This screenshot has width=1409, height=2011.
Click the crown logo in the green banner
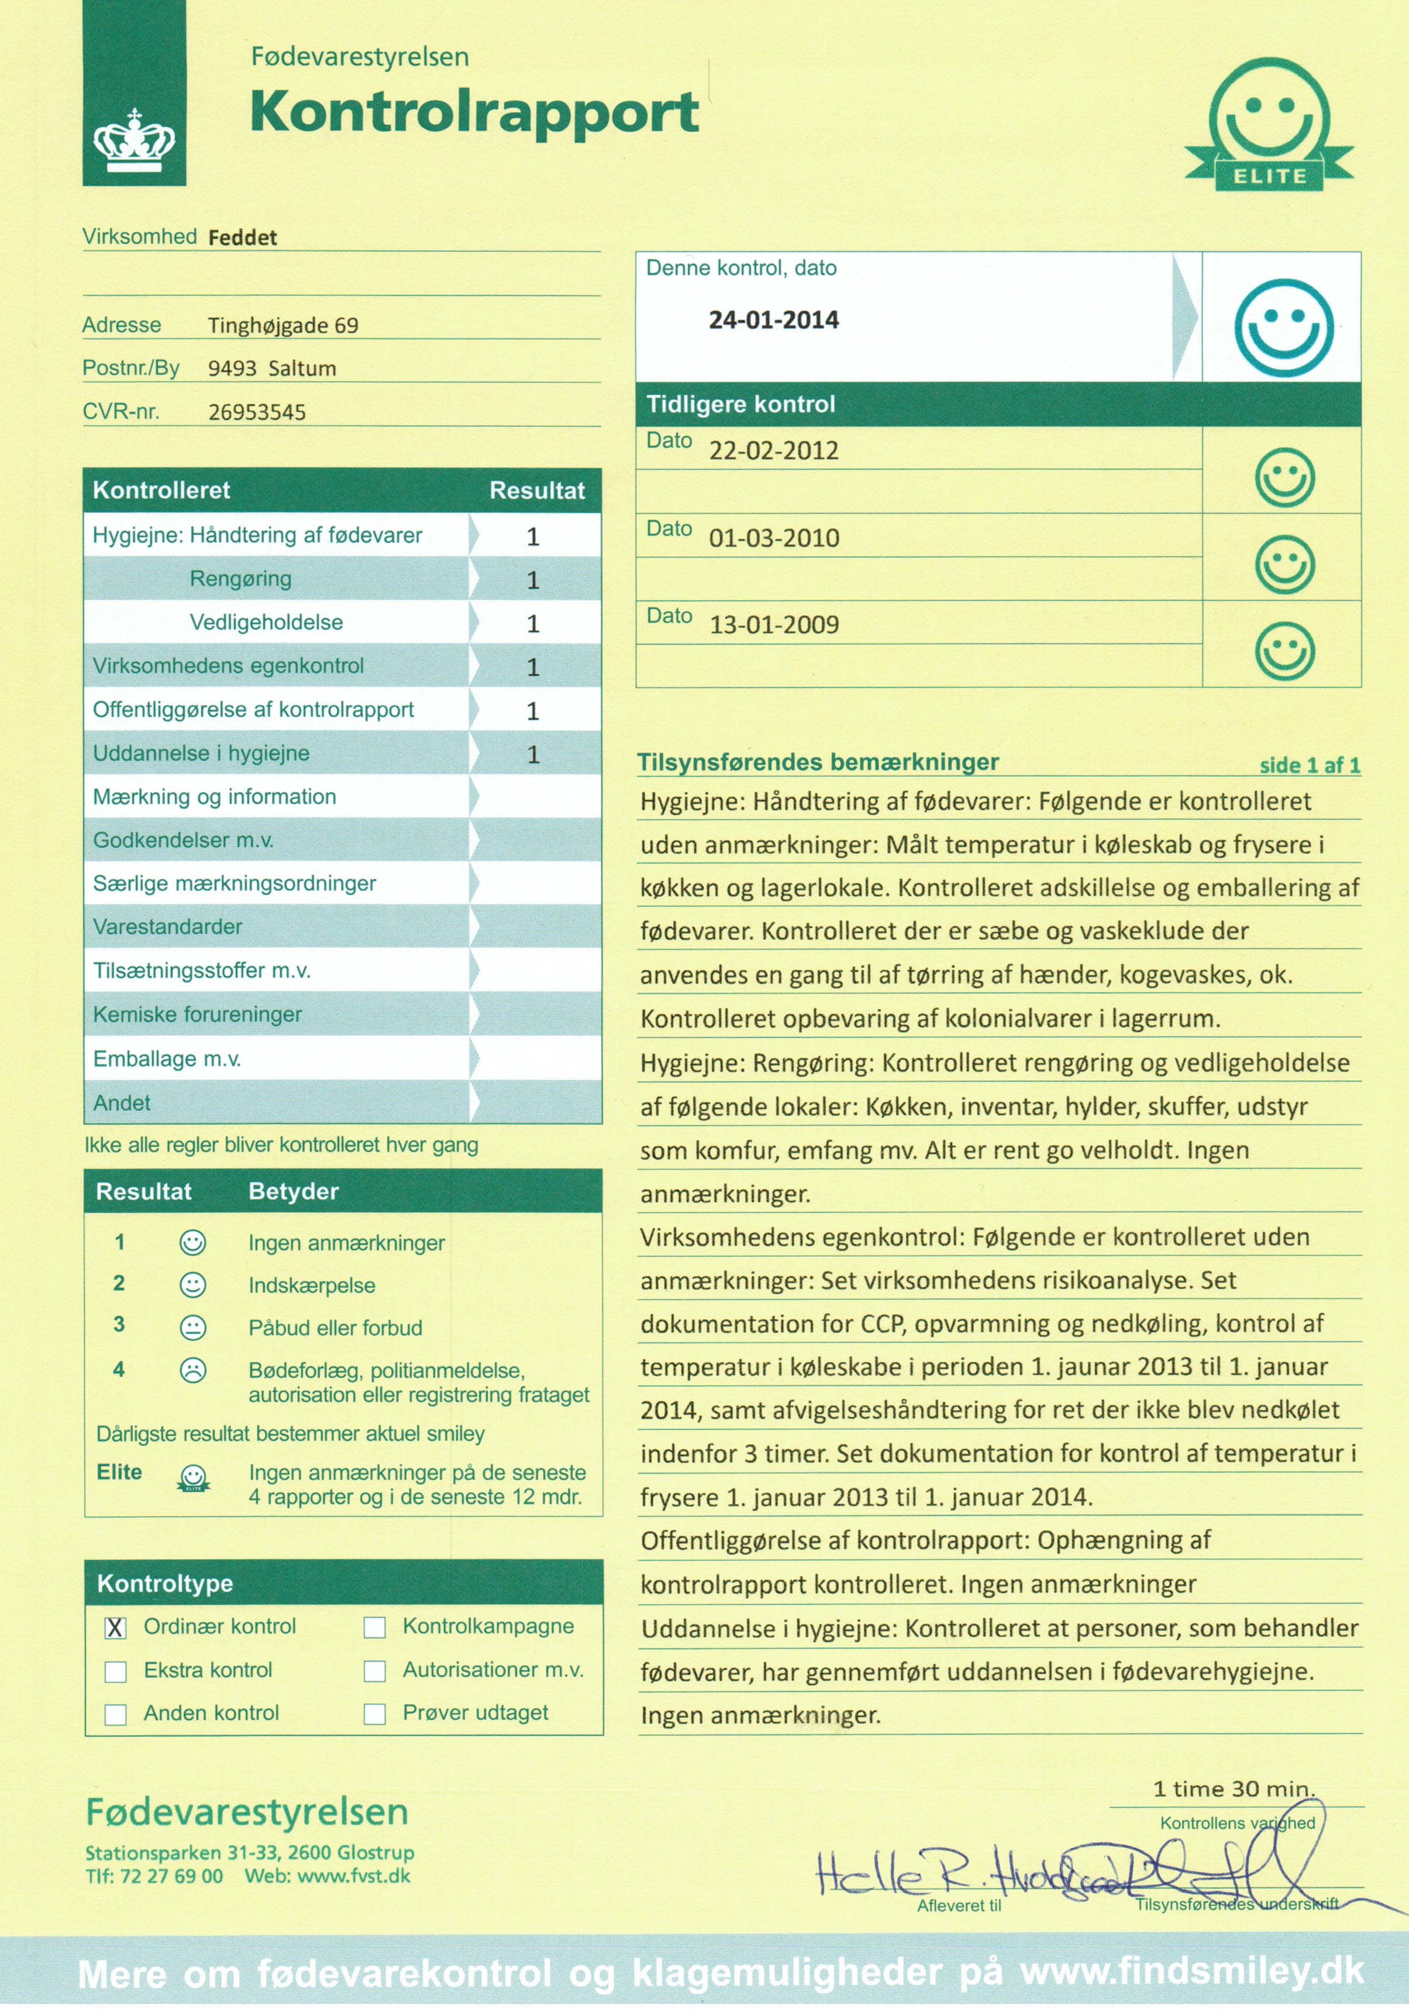pyautogui.click(x=134, y=140)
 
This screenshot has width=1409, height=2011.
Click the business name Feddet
pyautogui.click(x=243, y=238)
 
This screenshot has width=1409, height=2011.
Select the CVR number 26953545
pyautogui.click(x=257, y=412)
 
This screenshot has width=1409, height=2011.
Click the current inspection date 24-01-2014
pyautogui.click(x=773, y=319)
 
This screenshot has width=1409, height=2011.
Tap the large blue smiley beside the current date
pyautogui.click(x=1284, y=328)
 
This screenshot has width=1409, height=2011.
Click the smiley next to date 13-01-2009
pyautogui.click(x=1284, y=651)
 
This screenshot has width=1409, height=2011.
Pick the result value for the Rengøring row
pyautogui.click(x=532, y=580)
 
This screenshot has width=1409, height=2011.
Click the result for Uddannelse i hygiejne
pyautogui.click(x=532, y=754)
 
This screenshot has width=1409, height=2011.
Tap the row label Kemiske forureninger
pyautogui.click(x=197, y=1014)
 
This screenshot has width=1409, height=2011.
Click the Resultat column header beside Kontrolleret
pyautogui.click(x=536, y=490)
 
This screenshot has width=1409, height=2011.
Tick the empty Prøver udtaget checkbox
pyautogui.click(x=375, y=1714)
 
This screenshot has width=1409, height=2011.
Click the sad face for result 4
pyautogui.click(x=192, y=1371)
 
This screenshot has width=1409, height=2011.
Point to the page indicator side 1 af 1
pyautogui.click(x=1309, y=765)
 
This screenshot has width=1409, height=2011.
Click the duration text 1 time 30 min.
pyautogui.click(x=1233, y=1789)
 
